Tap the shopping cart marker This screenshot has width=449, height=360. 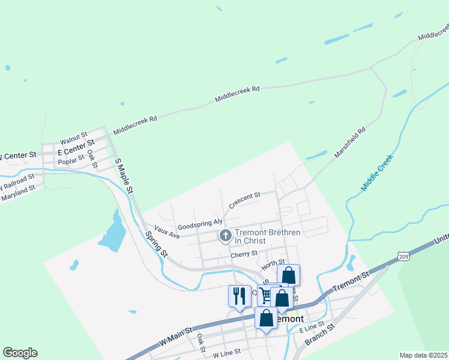pos(266,295)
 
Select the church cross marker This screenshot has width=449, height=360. pos(226,235)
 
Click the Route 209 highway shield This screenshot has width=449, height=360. pos(402,256)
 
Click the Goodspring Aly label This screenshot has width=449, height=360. pos(200,223)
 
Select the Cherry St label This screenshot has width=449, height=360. pos(244,255)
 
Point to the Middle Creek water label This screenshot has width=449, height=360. pos(377,173)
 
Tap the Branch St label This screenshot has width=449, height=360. pos(319,336)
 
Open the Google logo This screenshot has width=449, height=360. pos(20,353)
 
